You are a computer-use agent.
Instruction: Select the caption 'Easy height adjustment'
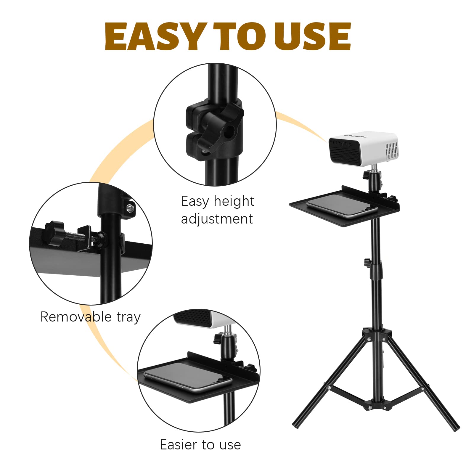(218, 210)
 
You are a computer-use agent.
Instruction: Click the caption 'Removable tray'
(90, 317)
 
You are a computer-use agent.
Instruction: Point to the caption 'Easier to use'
(200, 445)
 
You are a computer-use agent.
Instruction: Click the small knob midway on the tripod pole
(367, 262)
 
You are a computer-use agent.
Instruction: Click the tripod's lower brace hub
(377, 405)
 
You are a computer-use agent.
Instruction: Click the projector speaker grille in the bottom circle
(193, 318)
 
